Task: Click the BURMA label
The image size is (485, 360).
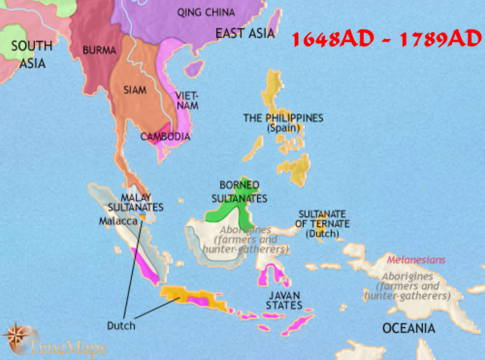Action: tap(99, 51)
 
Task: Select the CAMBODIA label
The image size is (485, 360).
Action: tap(165, 137)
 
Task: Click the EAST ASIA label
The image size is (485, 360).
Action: tap(245, 33)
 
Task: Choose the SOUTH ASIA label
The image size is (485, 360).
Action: tap(32, 54)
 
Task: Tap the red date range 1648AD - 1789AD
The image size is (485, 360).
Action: tap(386, 39)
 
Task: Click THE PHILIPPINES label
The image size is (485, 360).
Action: tap(283, 118)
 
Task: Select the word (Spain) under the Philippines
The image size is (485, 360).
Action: tap(283, 128)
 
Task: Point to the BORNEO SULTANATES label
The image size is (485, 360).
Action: tap(239, 192)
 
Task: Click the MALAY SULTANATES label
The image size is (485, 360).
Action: tap(142, 202)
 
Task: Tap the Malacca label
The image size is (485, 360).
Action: tap(118, 221)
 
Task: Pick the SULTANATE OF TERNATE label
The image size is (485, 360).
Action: tap(322, 223)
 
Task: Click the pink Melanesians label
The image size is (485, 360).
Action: tap(416, 260)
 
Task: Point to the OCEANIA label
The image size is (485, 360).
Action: tap(409, 328)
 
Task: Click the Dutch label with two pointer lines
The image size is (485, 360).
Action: tap(121, 325)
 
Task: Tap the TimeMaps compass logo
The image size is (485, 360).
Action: tap(20, 336)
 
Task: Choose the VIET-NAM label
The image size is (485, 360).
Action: tap(187, 101)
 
